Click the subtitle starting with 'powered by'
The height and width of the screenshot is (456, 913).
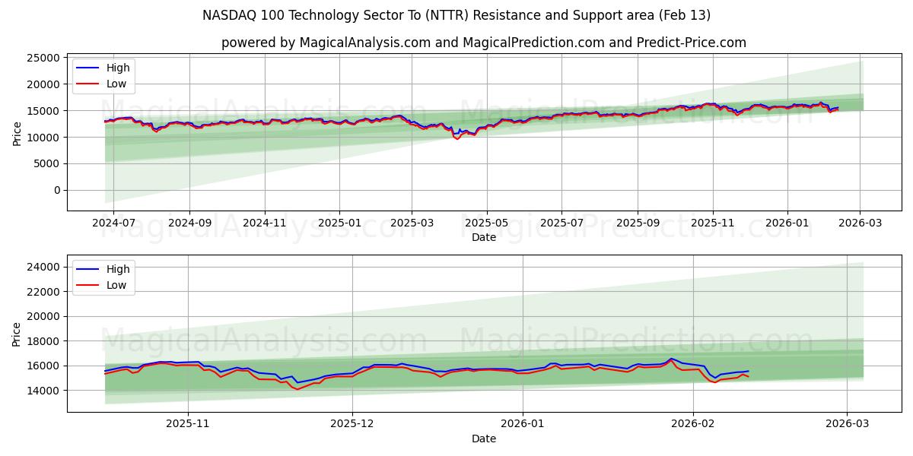click(x=484, y=43)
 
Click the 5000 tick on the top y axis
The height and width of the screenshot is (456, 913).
click(x=48, y=163)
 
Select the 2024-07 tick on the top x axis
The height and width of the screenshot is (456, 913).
click(x=114, y=223)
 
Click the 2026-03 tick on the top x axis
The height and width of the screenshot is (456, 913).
click(x=861, y=223)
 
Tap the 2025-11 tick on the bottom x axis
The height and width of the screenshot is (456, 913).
click(x=188, y=424)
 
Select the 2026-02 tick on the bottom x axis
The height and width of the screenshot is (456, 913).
click(x=694, y=424)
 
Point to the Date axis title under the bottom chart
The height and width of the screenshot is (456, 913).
click(x=484, y=439)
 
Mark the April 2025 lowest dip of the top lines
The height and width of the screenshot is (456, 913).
click(x=457, y=139)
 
